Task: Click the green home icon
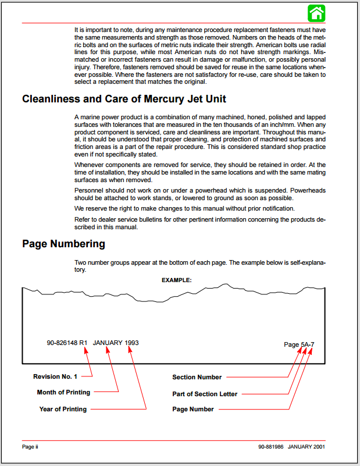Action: point(316,13)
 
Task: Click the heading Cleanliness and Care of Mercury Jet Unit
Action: point(124,99)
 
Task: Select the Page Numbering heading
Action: point(63,243)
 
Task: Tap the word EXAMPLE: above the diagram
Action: point(176,280)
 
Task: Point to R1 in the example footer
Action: point(83,343)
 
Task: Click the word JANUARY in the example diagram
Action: point(108,343)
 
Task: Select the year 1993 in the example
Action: point(132,343)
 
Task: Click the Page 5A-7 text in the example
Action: point(299,344)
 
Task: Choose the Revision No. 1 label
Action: point(55,376)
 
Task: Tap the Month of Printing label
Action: point(63,392)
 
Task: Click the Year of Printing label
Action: point(63,409)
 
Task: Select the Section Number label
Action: point(197,378)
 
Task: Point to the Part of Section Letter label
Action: point(205,394)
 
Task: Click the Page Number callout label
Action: point(193,409)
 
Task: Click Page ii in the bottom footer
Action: point(30,447)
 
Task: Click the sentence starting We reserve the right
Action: point(184,208)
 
